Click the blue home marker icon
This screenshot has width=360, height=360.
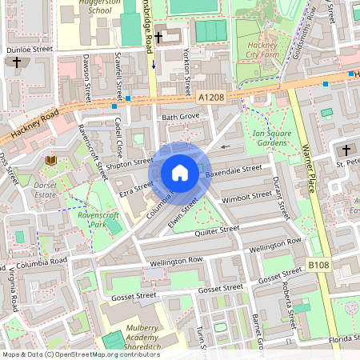click(180, 173)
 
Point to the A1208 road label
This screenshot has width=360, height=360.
click(210, 95)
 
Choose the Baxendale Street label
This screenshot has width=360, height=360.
click(233, 172)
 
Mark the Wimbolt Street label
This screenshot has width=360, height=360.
click(246, 196)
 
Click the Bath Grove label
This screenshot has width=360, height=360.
click(180, 118)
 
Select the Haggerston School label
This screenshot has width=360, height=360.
click(99, 7)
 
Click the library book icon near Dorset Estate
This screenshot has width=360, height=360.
click(51, 161)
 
